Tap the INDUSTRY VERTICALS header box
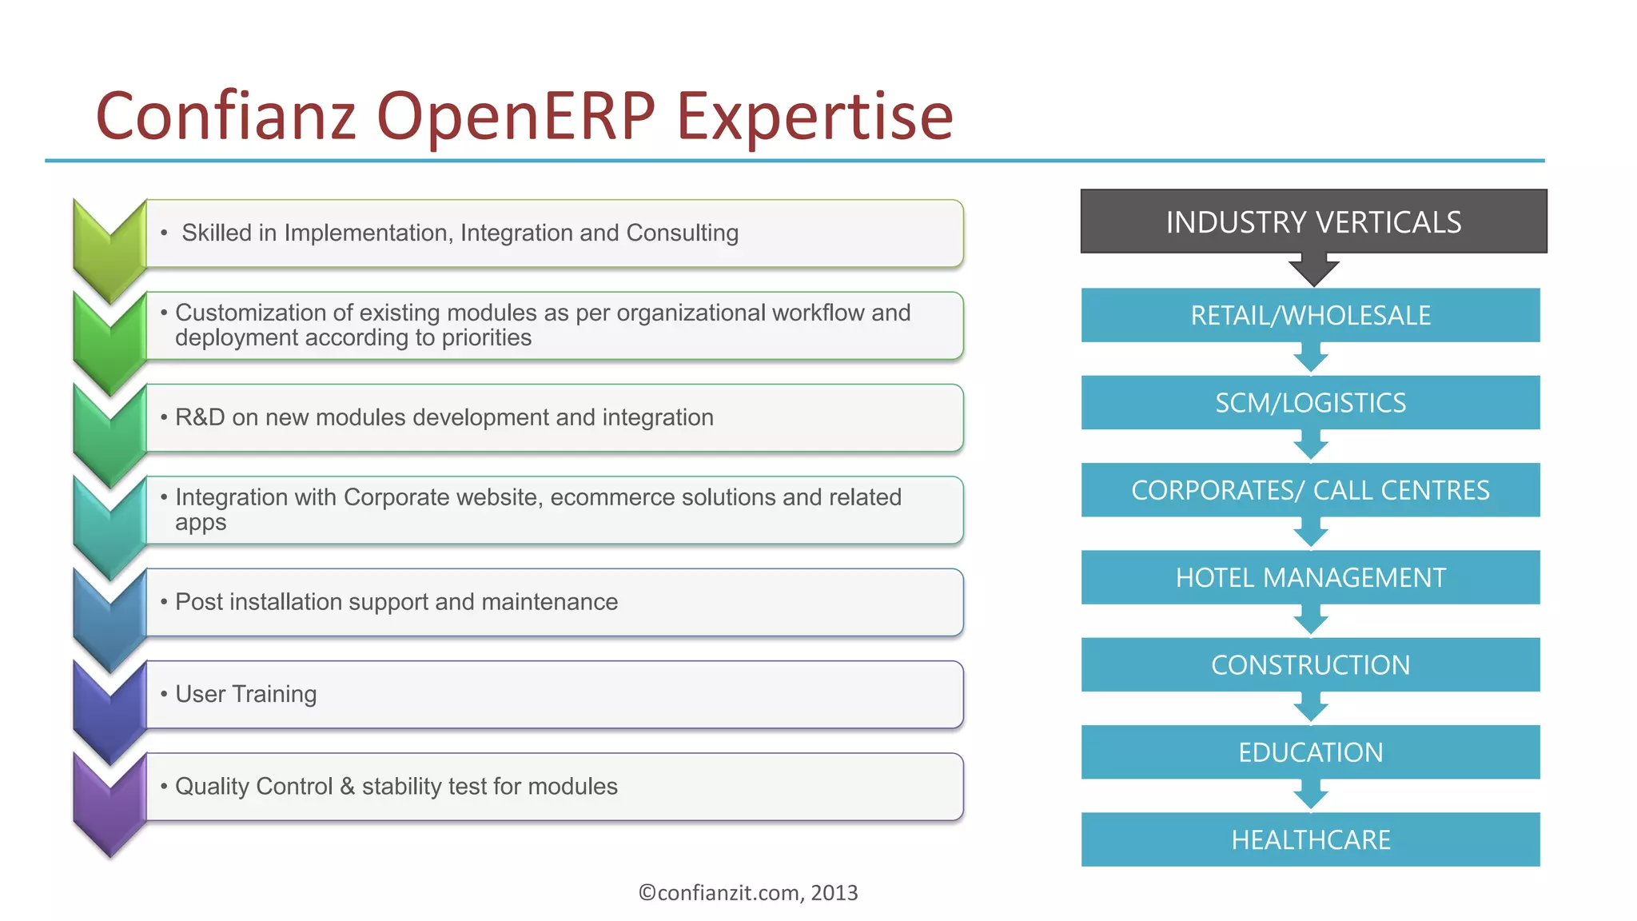[x=1313, y=221]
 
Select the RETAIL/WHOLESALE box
[x=1310, y=315]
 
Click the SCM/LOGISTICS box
[x=1310, y=402]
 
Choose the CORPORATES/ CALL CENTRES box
[x=1310, y=490]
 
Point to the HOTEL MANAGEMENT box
[x=1310, y=577]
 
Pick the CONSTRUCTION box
[x=1310, y=664]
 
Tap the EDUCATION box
[x=1310, y=752]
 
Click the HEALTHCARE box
[x=1310, y=839]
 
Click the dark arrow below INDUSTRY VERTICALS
[x=1313, y=270]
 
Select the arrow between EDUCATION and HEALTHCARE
[x=1311, y=795]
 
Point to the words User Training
[x=245, y=694]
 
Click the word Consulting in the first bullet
[x=682, y=233]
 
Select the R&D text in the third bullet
[x=200, y=417]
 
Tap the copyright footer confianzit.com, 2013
[x=747, y=892]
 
